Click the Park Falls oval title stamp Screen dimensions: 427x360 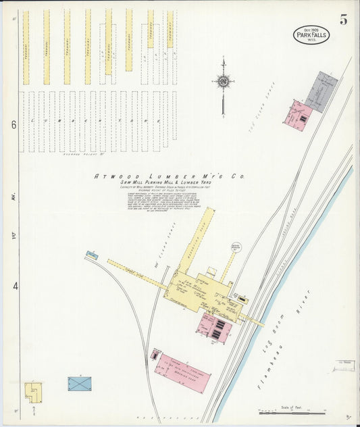311,34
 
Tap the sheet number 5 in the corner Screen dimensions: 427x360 344,20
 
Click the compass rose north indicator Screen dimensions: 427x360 223,82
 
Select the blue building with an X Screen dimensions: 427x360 79,384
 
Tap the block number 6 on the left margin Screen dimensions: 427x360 13,125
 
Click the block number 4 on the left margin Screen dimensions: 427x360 15,286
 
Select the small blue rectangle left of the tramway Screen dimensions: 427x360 91,255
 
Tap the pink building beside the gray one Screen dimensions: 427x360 300,115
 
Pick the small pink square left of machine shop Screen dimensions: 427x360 155,355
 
